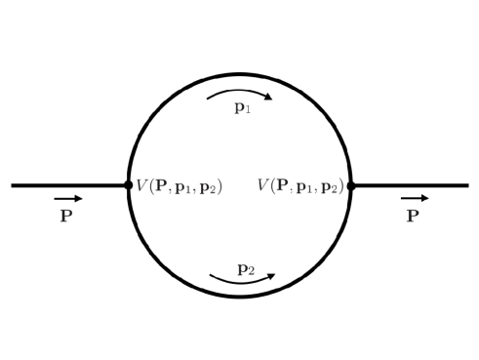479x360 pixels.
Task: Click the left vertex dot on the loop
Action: tap(129, 184)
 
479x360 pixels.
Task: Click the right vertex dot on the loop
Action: tap(351, 184)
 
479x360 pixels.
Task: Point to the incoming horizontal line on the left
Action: tap(68, 184)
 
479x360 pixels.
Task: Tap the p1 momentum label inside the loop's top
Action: tap(242, 108)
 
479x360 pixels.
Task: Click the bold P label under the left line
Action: tap(66, 216)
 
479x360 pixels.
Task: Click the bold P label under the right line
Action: tap(413, 216)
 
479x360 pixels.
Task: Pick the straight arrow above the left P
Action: tap(68, 199)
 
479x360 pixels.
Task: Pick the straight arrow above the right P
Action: tap(414, 199)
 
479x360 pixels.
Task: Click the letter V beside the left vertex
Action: tap(141, 184)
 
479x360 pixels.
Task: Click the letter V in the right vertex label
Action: tap(264, 184)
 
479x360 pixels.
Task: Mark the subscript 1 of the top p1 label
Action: tap(248, 111)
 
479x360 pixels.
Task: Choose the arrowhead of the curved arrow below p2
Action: tap(272, 274)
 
